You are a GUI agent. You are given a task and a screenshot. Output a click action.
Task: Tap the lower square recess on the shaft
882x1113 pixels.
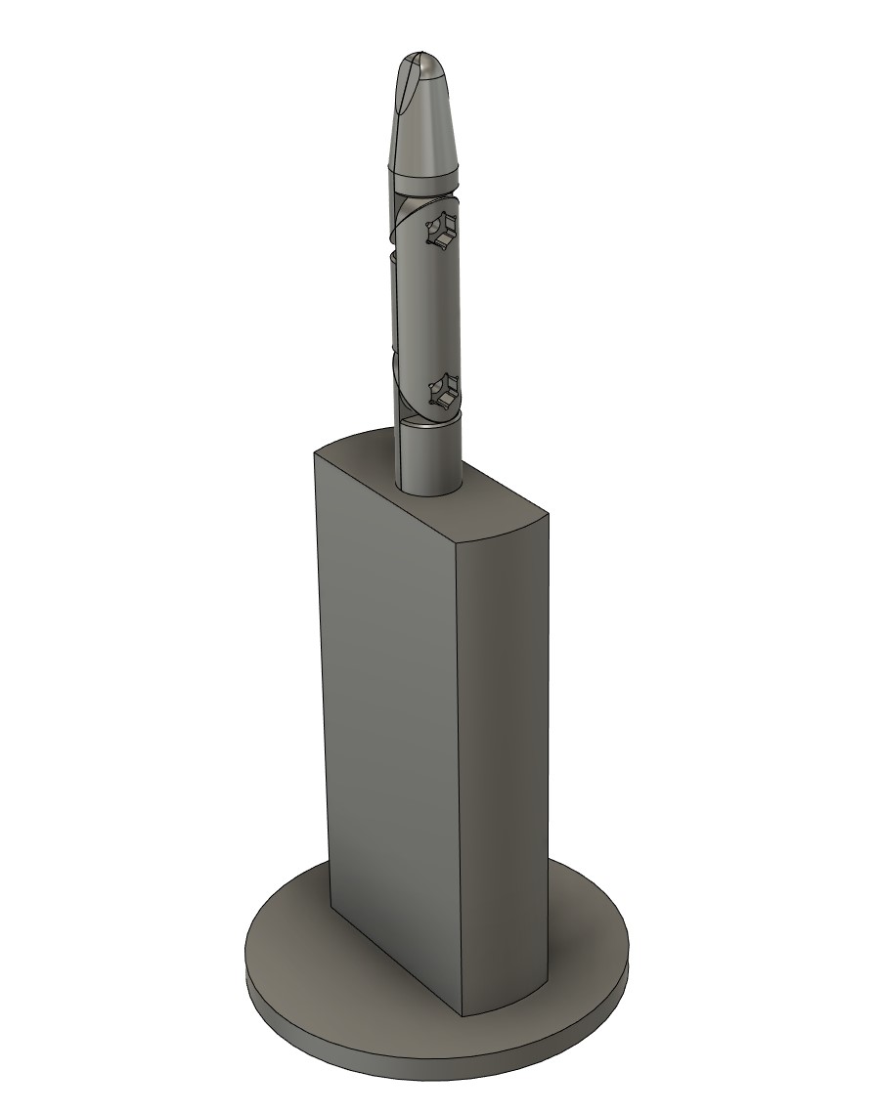coord(441,393)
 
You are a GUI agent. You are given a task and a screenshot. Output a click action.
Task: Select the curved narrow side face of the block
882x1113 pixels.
coord(504,762)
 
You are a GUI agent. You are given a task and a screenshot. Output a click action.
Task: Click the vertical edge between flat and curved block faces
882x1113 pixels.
coord(458,762)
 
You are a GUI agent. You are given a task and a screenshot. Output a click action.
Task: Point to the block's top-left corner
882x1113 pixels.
coord(314,450)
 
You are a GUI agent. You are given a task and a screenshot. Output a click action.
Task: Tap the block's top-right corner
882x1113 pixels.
coord(547,514)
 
